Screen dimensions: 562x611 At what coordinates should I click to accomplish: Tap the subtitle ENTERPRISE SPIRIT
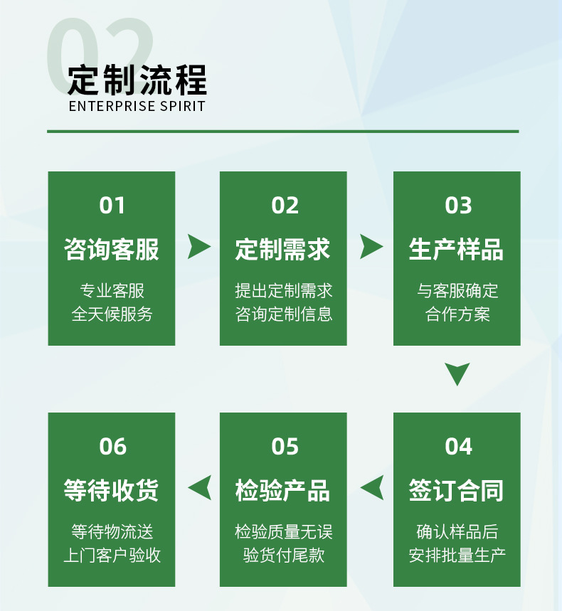tap(137, 107)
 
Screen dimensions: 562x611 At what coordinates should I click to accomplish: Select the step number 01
tap(112, 206)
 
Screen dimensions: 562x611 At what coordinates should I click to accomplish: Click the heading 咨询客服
tap(112, 250)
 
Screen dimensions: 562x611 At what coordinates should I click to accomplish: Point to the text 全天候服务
tap(112, 314)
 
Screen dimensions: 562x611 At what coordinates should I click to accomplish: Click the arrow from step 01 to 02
tap(198, 246)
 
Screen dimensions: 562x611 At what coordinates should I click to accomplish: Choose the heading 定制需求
tap(283, 250)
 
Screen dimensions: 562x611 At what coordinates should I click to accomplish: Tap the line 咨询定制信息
tap(283, 314)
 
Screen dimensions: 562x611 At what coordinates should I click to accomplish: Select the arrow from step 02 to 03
tap(371, 246)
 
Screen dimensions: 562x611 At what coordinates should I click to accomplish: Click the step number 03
tap(457, 206)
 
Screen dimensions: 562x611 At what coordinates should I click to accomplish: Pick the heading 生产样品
tap(457, 250)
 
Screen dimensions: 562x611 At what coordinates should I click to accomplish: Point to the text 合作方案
tap(457, 314)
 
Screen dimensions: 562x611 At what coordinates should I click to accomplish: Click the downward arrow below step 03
tap(457, 373)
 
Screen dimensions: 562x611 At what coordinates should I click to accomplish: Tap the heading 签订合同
tap(457, 491)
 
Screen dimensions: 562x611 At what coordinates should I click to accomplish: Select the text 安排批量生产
tap(457, 555)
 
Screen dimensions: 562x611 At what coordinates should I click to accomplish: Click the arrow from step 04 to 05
tap(372, 488)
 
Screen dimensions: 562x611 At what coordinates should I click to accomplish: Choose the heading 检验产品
tap(283, 491)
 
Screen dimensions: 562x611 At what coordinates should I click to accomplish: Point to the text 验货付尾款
tap(283, 555)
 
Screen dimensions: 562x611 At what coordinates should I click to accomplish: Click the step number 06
tap(112, 447)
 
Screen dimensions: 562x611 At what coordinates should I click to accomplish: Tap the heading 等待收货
tap(112, 491)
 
